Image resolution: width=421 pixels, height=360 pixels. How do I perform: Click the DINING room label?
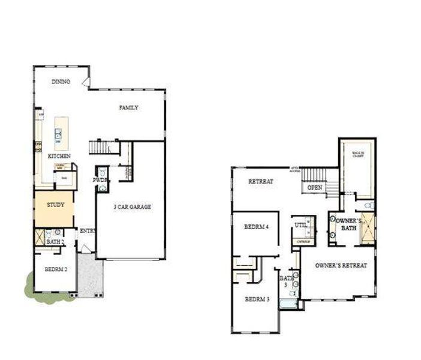click(61, 82)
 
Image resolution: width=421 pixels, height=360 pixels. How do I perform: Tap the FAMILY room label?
click(128, 108)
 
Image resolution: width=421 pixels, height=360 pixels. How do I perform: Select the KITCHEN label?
click(59, 156)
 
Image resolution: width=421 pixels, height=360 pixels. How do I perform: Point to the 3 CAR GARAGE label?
click(132, 207)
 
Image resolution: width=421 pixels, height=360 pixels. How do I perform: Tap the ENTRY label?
click(88, 230)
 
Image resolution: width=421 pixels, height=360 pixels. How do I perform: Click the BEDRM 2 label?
click(55, 269)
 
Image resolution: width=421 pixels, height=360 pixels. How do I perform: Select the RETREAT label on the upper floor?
click(261, 181)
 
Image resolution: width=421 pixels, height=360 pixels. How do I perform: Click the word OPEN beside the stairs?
click(315, 188)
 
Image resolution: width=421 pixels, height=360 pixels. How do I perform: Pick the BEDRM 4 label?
click(257, 227)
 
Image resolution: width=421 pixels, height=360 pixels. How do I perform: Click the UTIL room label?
click(300, 225)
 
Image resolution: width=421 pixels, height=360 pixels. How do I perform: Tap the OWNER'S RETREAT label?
click(341, 265)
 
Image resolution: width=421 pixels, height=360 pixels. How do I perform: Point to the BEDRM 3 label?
click(257, 299)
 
